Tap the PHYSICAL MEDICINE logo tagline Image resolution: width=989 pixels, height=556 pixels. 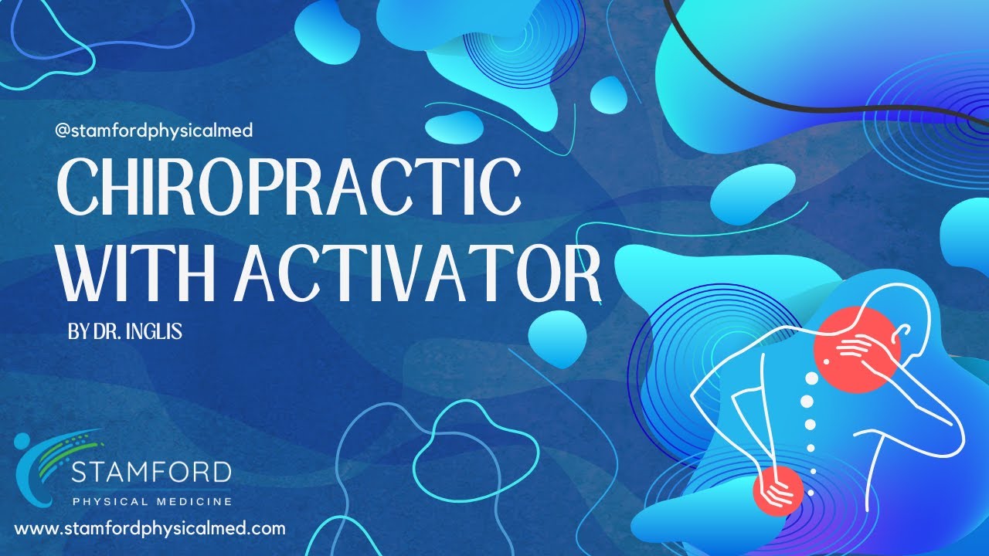click(151, 502)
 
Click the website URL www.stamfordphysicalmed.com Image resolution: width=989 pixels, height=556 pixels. click(150, 529)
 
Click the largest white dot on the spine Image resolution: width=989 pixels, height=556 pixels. click(807, 400)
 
